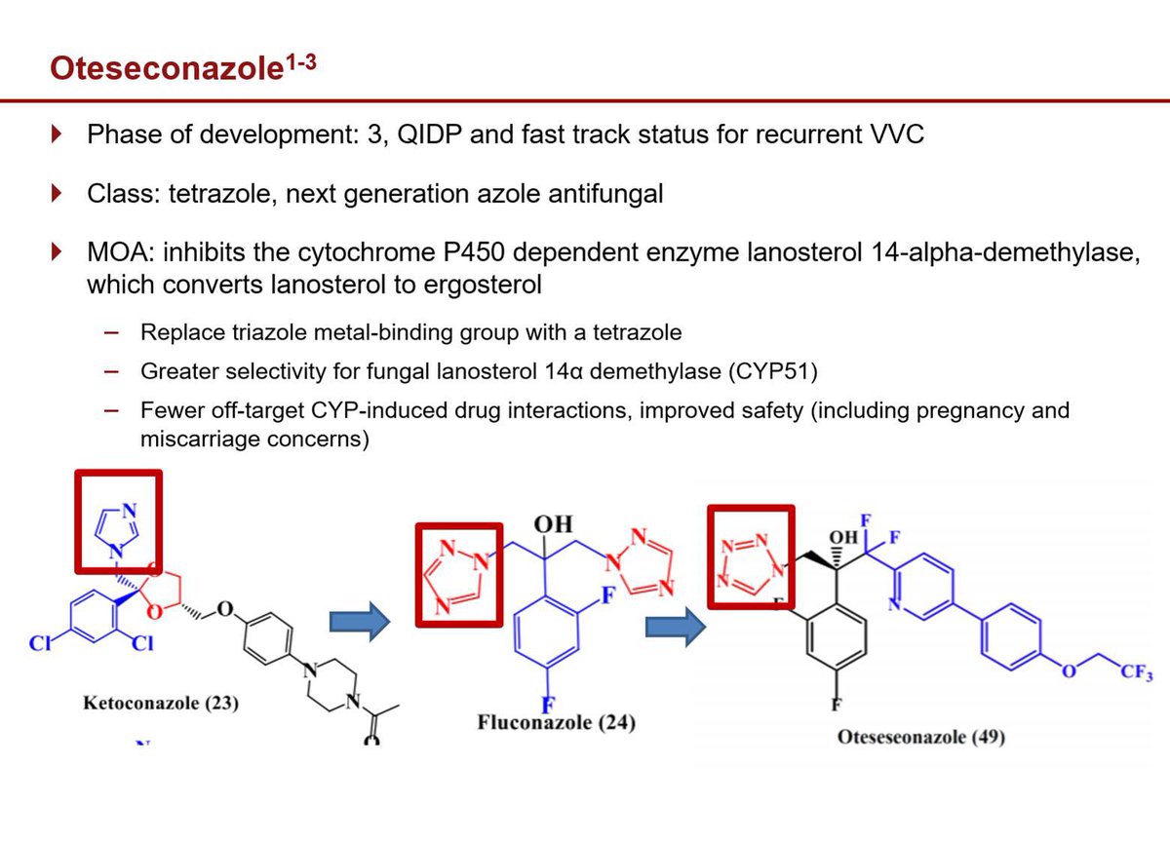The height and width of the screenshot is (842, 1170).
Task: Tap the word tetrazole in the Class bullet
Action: pyautogui.click(x=215, y=193)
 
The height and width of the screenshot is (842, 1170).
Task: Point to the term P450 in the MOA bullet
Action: pyautogui.click(x=468, y=253)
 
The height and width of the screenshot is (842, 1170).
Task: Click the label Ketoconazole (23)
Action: pyautogui.click(x=161, y=703)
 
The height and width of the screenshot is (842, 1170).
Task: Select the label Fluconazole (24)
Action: pyautogui.click(x=549, y=723)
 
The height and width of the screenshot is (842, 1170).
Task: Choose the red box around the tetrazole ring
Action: pyautogui.click(x=751, y=559)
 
